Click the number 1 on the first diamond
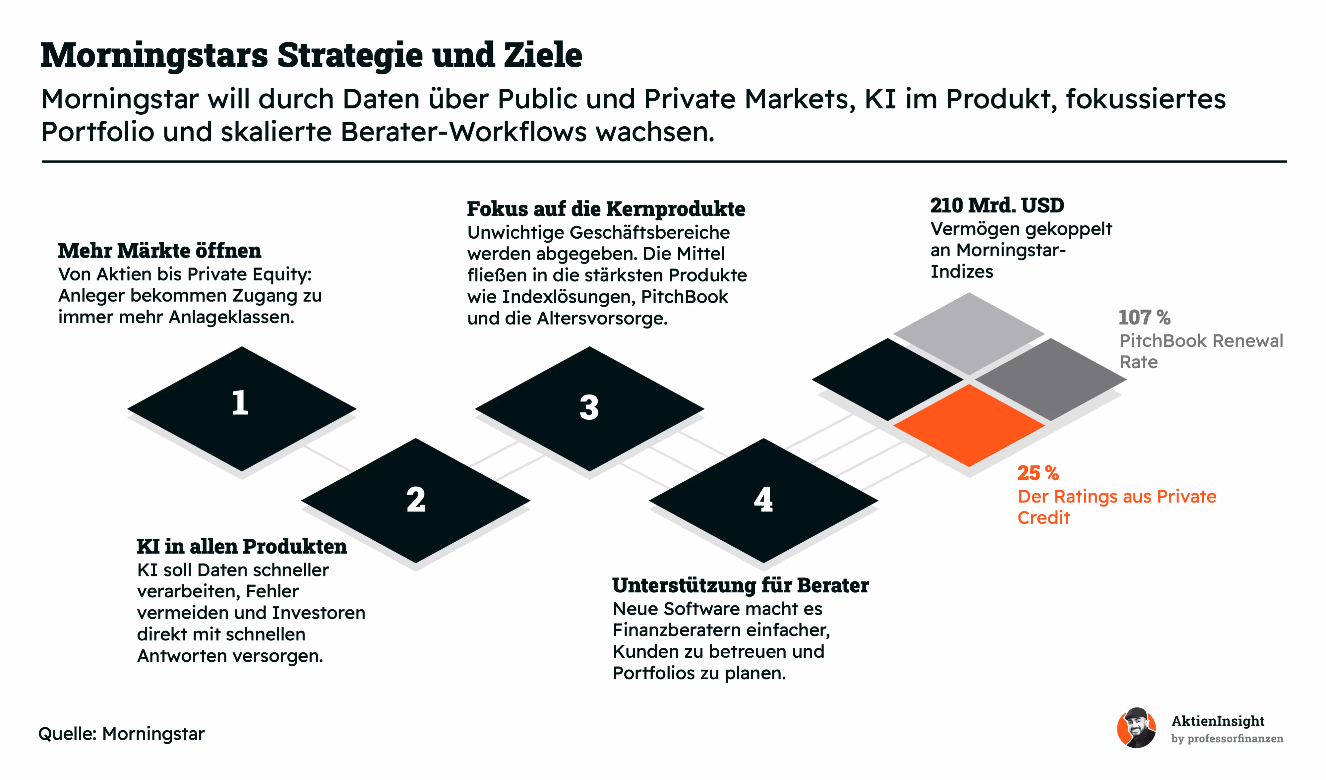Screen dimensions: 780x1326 pos(240,403)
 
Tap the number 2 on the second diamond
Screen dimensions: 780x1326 pos(416,500)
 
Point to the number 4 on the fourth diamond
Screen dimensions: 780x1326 pos(763,500)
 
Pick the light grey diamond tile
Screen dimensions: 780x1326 pos(969,333)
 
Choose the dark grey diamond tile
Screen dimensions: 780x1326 pos(1051,379)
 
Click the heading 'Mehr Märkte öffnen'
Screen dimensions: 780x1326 pos(159,251)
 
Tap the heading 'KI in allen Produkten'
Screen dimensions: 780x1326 pos(242,547)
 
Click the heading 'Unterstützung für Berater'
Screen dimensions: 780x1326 pos(740,586)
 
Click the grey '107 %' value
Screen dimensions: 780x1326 pos(1144,318)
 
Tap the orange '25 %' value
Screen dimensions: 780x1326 pos(1038,473)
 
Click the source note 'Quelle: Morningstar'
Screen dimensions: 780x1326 pos(122,734)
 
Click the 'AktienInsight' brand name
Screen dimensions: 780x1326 pos(1218,721)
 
